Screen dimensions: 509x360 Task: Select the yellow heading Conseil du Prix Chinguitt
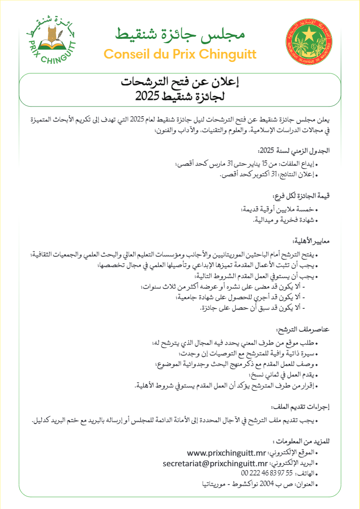(180, 53)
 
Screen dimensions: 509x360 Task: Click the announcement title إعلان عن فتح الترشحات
(180, 83)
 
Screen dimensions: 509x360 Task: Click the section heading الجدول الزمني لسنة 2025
(304, 150)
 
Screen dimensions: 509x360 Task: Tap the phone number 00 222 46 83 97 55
(259, 473)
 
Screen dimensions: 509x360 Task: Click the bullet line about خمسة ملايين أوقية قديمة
(278, 209)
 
